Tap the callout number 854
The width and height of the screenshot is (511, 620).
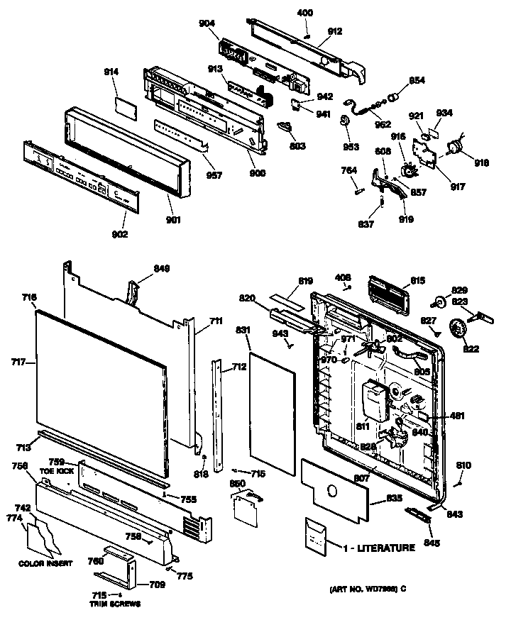pos(417,81)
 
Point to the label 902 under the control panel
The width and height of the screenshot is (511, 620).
pos(119,233)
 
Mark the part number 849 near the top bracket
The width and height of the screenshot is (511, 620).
pos(163,269)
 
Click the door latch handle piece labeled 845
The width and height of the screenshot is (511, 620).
pos(418,514)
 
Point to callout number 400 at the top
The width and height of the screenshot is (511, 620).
pos(304,13)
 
